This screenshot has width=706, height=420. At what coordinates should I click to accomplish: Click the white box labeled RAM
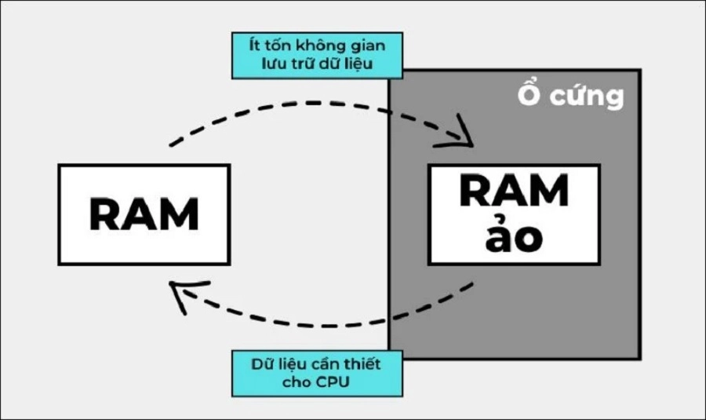click(144, 214)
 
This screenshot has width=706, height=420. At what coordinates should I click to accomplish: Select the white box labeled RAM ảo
click(514, 214)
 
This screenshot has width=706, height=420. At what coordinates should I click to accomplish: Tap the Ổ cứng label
click(570, 96)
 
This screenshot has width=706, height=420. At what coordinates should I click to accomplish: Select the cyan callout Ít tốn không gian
click(318, 55)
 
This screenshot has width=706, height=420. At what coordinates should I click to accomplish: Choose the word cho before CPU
click(297, 383)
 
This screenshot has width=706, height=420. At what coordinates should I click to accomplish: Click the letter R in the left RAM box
click(106, 214)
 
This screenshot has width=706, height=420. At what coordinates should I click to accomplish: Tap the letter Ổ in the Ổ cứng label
click(530, 96)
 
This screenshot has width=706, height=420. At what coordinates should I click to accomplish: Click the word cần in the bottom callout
click(329, 364)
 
